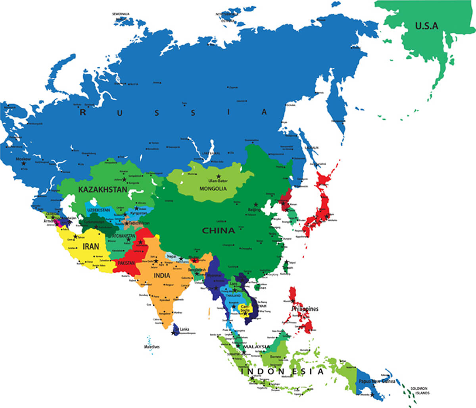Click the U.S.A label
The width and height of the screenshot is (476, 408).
427,27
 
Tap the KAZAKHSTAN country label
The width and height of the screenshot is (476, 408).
102,190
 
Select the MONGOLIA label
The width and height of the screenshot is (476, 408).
213,189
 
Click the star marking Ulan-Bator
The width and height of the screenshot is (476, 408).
218,176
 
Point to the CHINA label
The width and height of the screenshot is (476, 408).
218,231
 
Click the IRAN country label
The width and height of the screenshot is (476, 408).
91,246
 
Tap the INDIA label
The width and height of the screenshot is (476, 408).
162,275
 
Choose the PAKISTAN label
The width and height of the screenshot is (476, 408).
127,263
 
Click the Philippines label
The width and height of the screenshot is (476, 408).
305,309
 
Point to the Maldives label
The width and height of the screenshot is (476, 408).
152,347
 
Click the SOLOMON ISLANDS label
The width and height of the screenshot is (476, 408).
420,391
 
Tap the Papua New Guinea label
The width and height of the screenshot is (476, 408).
376,381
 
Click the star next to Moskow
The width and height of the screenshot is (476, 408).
24,163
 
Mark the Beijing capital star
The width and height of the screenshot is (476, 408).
256,205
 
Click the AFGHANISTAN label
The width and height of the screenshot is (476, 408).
124,236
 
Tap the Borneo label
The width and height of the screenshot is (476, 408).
275,357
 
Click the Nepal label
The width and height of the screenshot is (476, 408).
171,256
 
